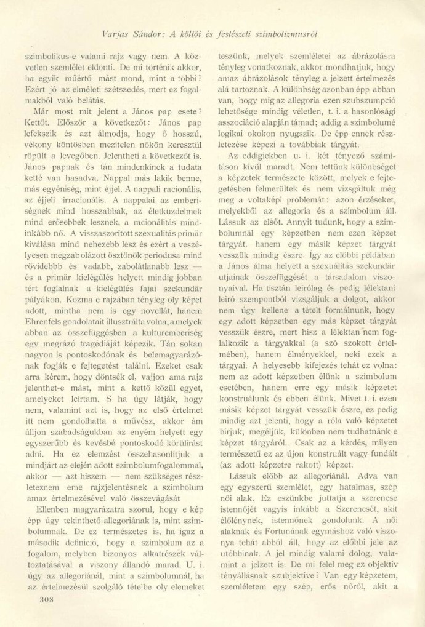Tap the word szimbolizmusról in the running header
[282, 34]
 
